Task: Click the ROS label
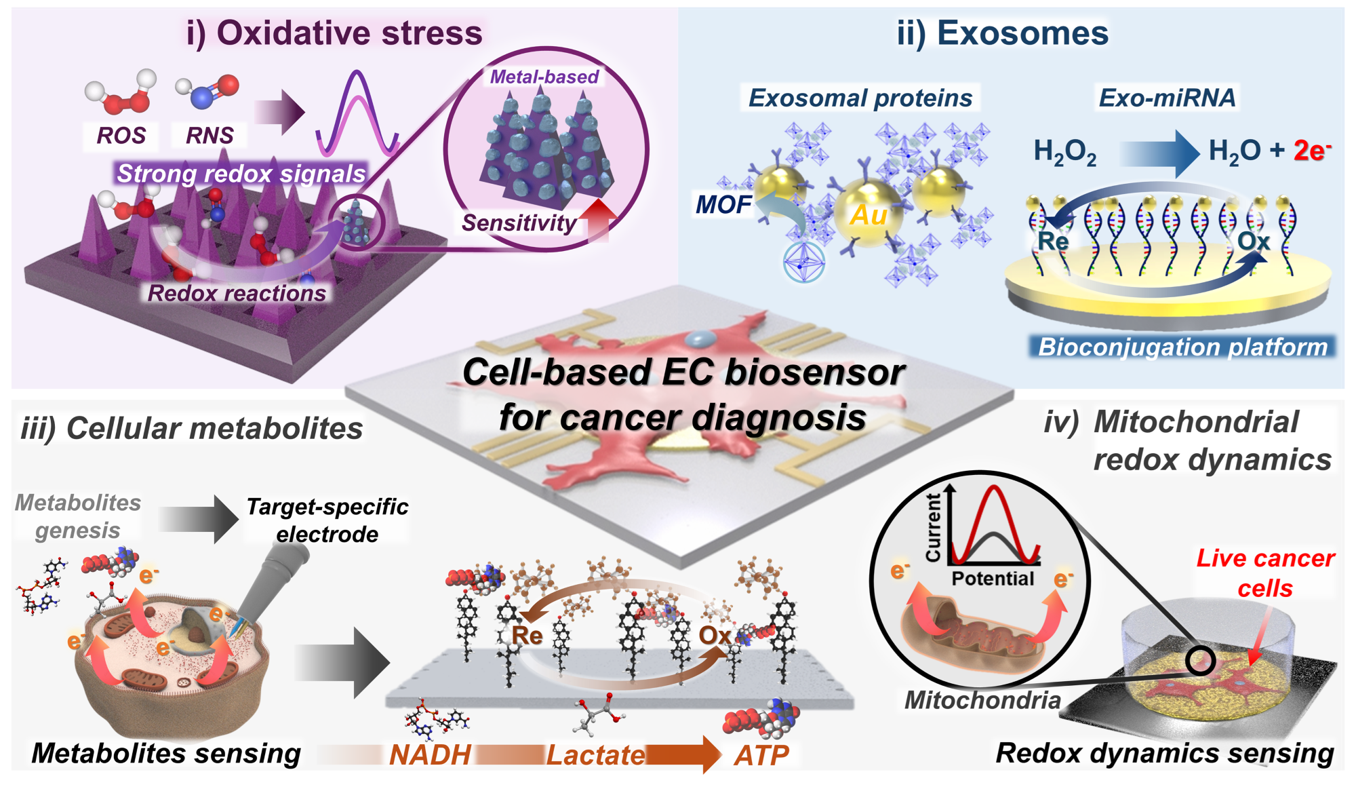[121, 136]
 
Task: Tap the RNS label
[210, 136]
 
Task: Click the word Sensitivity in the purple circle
[519, 223]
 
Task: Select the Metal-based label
[544, 77]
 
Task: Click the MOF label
[723, 204]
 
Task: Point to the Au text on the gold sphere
[869, 215]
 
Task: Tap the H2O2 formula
[1064, 152]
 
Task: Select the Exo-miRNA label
[1167, 98]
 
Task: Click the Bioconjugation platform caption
[1182, 347]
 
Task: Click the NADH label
[430, 755]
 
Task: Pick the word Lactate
[596, 755]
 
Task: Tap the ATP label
[761, 755]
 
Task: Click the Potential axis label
[993, 579]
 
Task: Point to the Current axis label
[934, 527]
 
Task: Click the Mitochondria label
[982, 699]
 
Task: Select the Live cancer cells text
[1265, 573]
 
